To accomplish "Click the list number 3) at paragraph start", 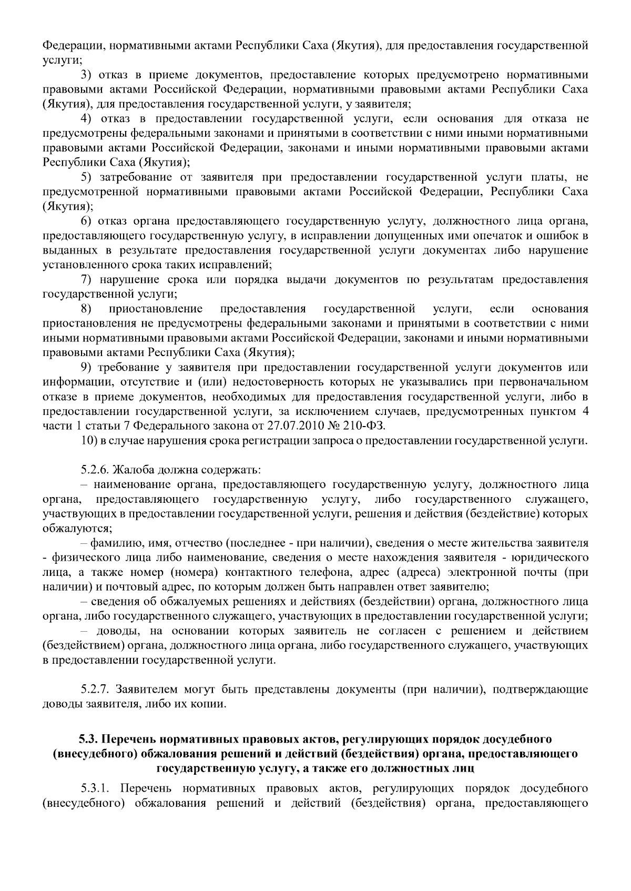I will [x=86, y=74].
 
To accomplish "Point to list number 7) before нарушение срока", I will [x=86, y=279].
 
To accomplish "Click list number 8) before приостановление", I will [x=86, y=308].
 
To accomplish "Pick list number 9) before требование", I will [x=86, y=367].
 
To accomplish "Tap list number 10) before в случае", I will [x=89, y=440].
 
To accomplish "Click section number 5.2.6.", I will [x=95, y=469].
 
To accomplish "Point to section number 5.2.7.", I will [x=95, y=689].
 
